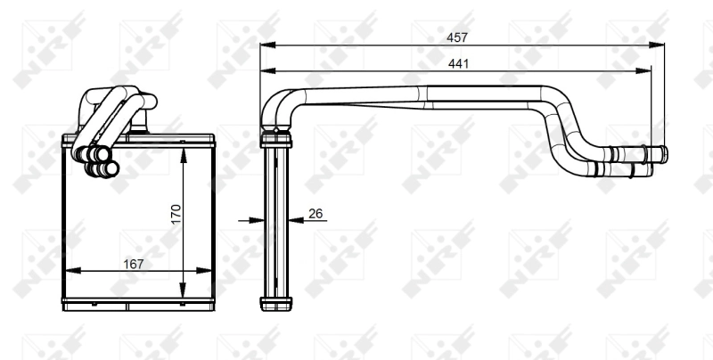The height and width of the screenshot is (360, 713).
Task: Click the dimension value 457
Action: [x=458, y=37]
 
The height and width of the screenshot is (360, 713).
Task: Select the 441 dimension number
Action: [x=458, y=63]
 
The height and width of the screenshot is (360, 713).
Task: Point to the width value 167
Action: [x=131, y=264]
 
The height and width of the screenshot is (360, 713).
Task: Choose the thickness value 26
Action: [x=316, y=213]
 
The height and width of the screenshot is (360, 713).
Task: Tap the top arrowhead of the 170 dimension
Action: [x=184, y=152]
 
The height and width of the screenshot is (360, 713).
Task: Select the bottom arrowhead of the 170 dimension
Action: [x=184, y=294]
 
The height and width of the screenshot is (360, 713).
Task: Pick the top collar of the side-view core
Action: [x=275, y=139]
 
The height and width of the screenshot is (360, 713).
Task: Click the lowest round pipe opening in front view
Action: [x=92, y=168]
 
